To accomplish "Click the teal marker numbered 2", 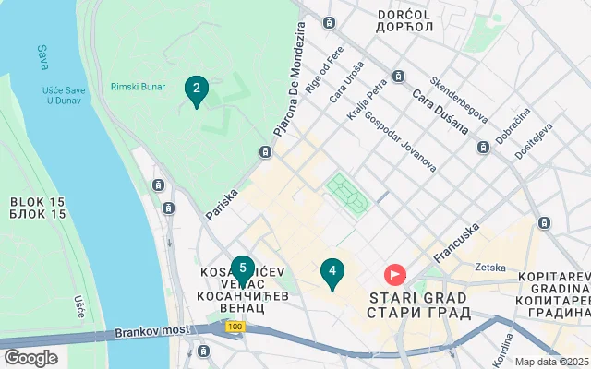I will (196, 90).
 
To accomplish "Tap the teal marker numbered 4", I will (332, 272).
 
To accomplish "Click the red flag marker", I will (395, 274).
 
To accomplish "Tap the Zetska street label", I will (489, 268).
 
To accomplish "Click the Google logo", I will (30, 358).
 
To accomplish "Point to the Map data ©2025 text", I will (551, 362).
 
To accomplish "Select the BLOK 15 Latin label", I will (38, 201).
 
